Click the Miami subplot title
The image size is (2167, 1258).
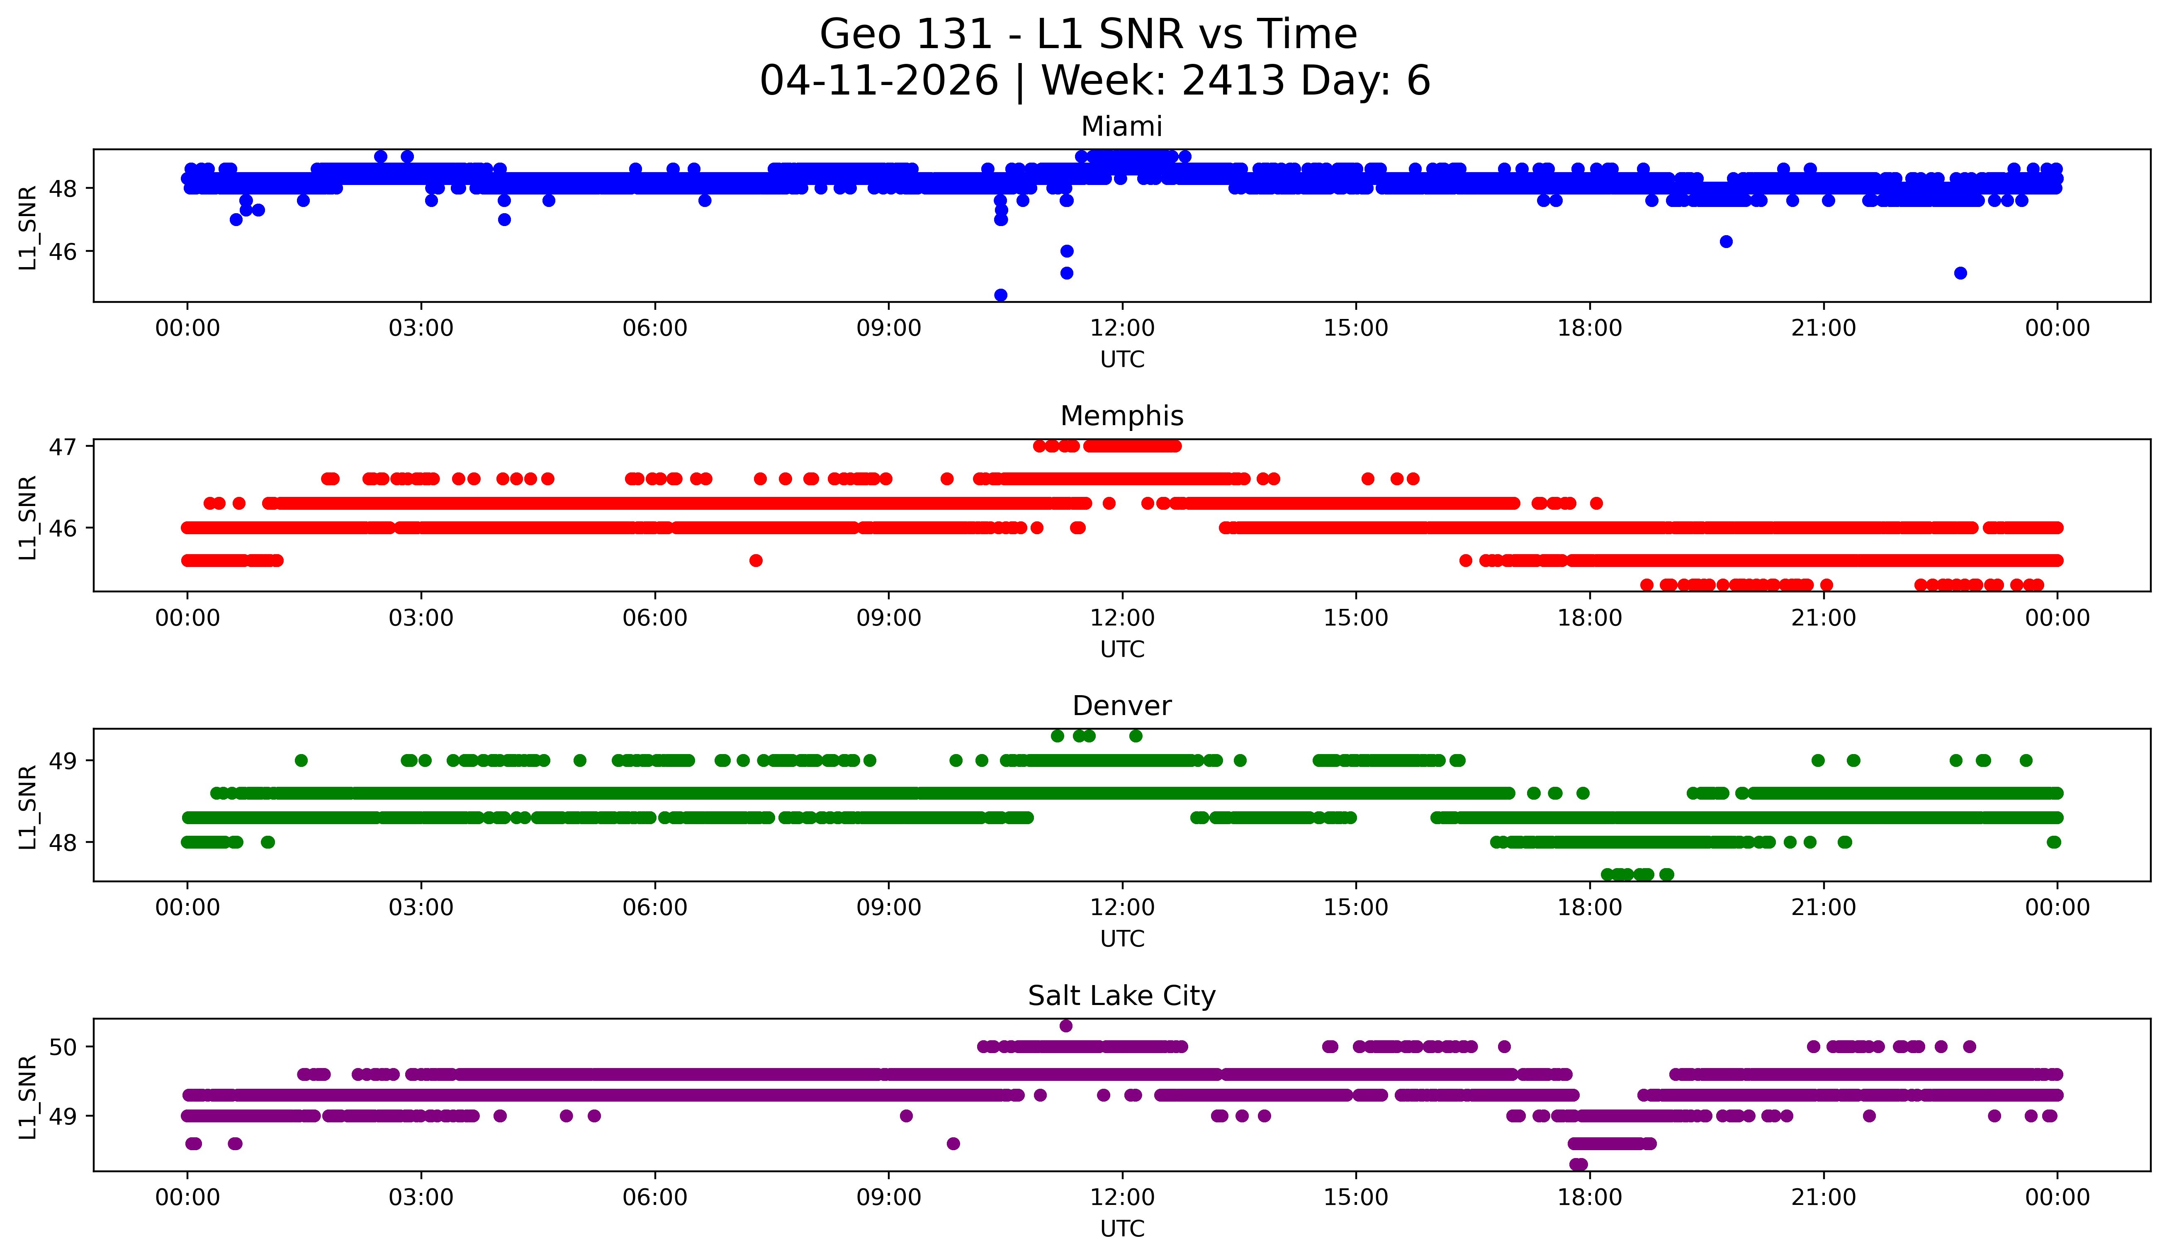[1121, 127]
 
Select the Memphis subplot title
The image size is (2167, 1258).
[1121, 416]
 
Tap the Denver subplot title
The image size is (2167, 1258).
[1121, 706]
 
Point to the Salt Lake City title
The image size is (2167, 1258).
[1121, 996]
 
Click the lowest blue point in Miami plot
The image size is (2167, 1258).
[1000, 295]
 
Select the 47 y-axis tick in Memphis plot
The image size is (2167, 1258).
[63, 447]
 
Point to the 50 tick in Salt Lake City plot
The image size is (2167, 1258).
[63, 1047]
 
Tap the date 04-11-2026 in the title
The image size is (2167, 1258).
[879, 81]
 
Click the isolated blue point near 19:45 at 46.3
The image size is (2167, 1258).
[1726, 242]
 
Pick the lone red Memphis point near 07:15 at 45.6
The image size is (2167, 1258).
[756, 561]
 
